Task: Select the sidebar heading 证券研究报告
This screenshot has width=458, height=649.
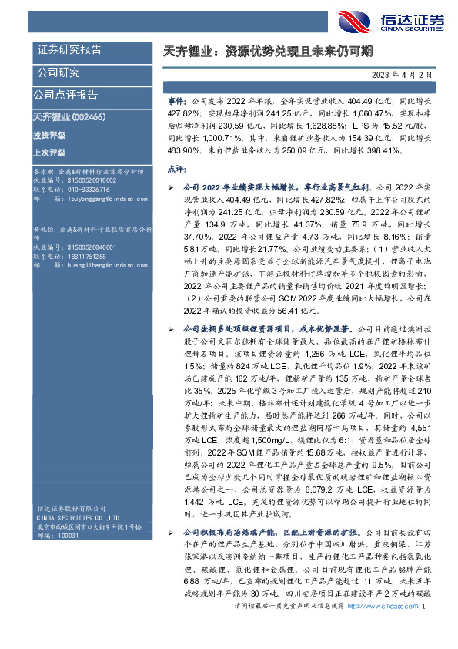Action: point(69,50)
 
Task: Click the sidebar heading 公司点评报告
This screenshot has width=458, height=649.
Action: point(65,95)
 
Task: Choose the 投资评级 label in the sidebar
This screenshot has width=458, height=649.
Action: point(50,134)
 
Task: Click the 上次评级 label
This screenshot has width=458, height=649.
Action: point(50,153)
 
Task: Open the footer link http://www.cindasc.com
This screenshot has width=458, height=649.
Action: point(382,629)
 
